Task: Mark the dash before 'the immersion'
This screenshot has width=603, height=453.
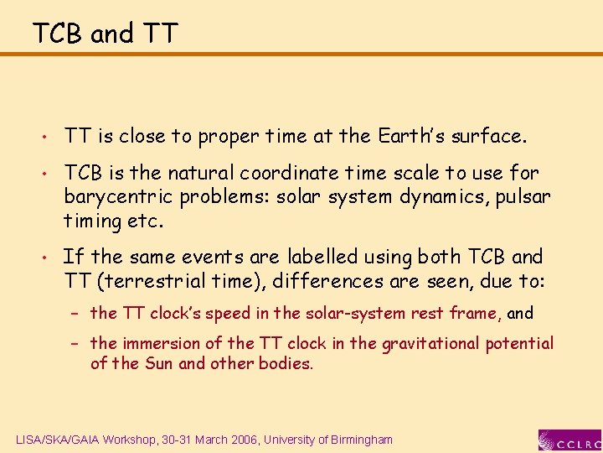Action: tap(75, 344)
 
